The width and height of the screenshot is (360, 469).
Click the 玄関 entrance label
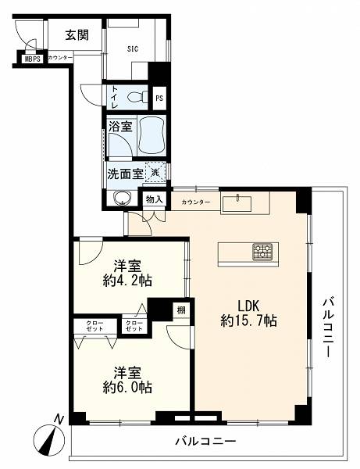click(77, 35)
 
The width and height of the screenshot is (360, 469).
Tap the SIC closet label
click(133, 48)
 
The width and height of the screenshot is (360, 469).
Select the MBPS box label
click(32, 59)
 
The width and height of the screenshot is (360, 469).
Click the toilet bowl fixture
click(137, 97)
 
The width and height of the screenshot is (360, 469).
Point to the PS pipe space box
click(159, 98)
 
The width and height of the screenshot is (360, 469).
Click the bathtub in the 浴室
click(152, 135)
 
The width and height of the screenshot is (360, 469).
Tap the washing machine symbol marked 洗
click(155, 172)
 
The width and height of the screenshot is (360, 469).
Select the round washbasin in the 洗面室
click(122, 198)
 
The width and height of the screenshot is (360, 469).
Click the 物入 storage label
click(154, 199)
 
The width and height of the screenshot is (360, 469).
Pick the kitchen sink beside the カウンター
click(237, 203)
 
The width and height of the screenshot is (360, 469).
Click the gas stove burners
click(262, 252)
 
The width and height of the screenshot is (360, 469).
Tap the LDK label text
click(248, 306)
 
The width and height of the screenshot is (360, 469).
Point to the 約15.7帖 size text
click(248, 321)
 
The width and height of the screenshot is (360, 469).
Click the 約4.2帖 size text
click(127, 281)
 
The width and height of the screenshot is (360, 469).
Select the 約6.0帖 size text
click(127, 388)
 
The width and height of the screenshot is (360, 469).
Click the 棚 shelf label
click(181, 310)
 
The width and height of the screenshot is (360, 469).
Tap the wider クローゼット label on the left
click(95, 326)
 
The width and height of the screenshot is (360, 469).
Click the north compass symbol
click(49, 439)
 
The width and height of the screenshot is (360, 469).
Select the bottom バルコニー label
click(205, 441)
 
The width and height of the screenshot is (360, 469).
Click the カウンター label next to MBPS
click(60, 58)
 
